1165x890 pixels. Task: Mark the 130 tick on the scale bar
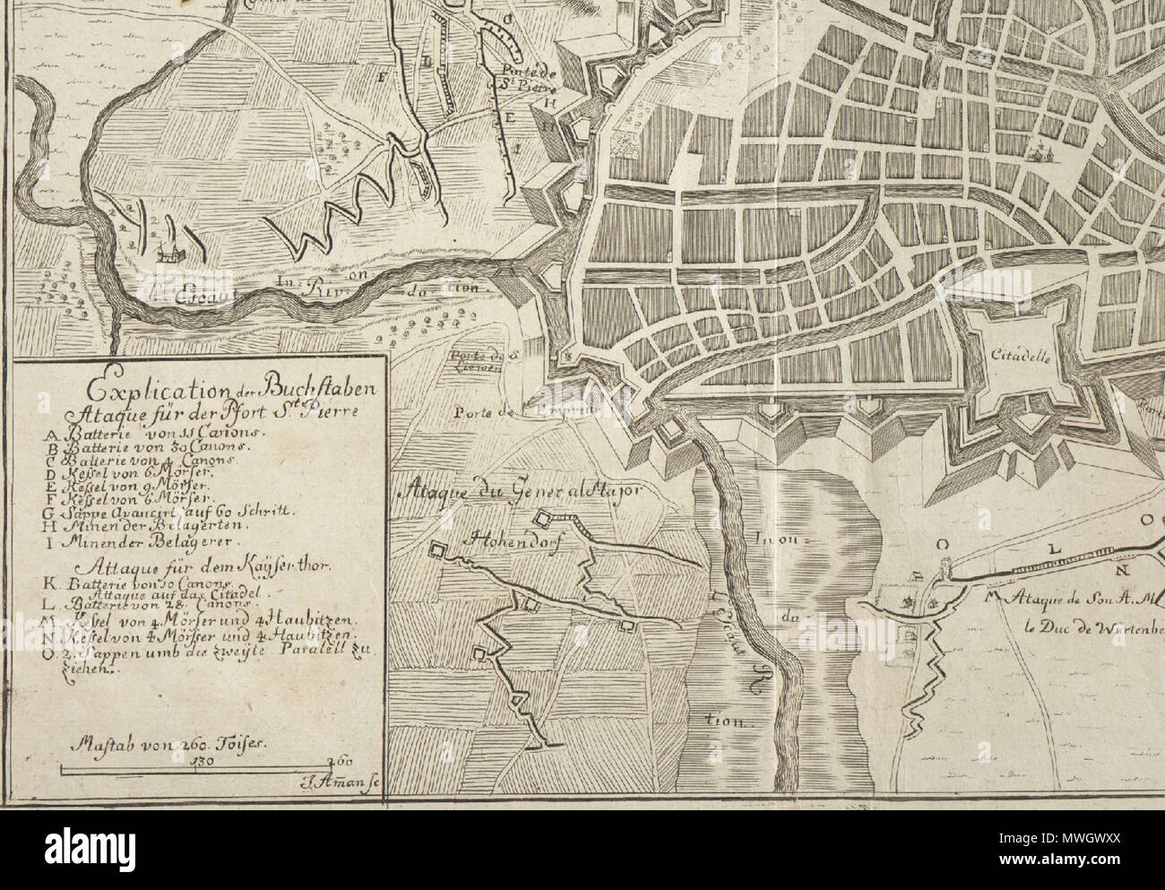(x=203, y=761)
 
